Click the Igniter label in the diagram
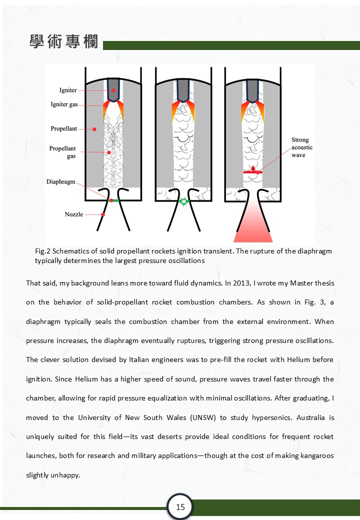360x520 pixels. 68,90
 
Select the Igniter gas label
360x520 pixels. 64,104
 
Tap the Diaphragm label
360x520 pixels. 61,181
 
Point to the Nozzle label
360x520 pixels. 74,214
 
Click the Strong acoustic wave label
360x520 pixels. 302,147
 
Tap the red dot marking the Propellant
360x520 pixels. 94,129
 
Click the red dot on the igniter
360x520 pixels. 113,90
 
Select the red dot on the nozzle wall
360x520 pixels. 103,214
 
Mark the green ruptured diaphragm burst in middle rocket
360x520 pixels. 183,201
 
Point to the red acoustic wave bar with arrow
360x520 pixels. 252,171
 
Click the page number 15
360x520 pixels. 180,507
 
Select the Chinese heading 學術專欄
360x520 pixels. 64,41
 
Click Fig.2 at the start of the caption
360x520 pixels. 43,251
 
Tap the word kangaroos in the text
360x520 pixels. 317,455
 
